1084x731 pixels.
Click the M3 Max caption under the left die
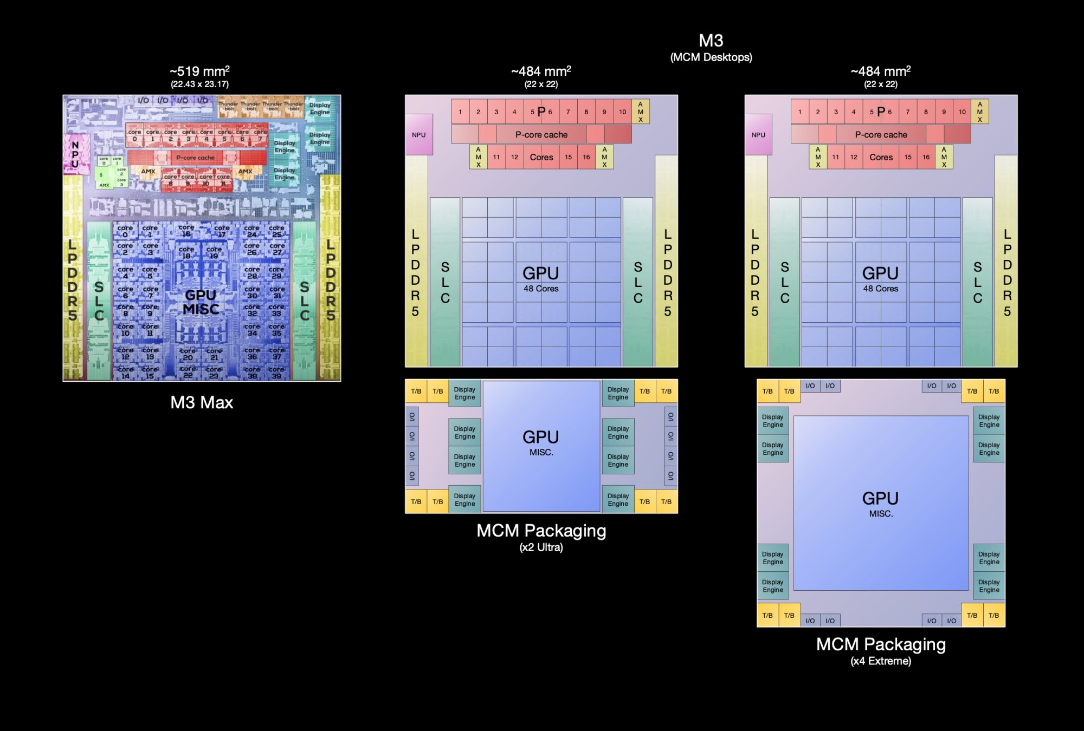click(x=202, y=402)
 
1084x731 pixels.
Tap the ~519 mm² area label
click(x=199, y=71)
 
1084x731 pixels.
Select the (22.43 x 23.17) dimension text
click(x=199, y=84)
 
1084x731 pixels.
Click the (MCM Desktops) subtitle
click(x=711, y=57)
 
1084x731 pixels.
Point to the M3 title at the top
click(x=711, y=41)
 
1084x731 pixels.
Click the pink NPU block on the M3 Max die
click(x=76, y=154)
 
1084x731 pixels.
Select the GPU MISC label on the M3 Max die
click(x=201, y=302)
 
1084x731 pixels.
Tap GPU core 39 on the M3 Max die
click(x=276, y=374)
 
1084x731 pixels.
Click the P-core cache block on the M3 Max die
click(x=196, y=158)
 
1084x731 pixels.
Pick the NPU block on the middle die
click(x=418, y=135)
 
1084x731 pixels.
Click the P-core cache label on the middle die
click(x=541, y=135)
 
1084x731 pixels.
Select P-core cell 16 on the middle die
click(x=586, y=157)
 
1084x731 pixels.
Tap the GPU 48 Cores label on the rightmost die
click(x=880, y=278)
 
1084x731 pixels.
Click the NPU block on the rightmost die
click(x=758, y=135)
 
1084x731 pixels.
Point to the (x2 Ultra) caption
click(x=541, y=547)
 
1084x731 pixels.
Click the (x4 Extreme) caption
click(x=881, y=661)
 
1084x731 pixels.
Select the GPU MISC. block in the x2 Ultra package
click(x=541, y=444)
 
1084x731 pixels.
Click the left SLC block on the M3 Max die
click(x=99, y=301)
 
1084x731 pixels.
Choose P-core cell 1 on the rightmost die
click(x=799, y=112)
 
